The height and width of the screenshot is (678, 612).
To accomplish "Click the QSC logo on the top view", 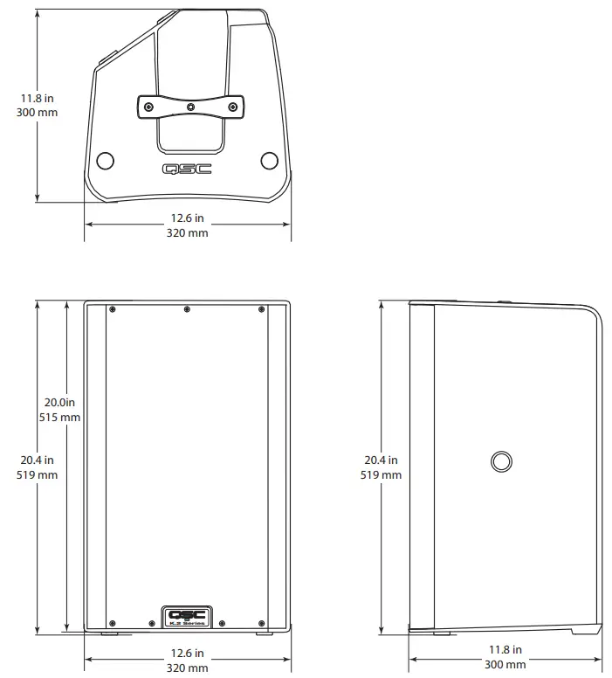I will (x=187, y=169).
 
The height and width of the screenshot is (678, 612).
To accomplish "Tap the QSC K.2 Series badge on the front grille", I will (x=186, y=617).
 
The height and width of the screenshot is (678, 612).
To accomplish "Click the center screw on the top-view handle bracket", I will (x=191, y=107).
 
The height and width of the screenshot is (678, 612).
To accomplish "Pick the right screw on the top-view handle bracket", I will (x=233, y=107).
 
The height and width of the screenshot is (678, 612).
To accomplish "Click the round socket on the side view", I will (x=501, y=461).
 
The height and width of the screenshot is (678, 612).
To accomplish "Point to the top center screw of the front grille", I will (x=187, y=309).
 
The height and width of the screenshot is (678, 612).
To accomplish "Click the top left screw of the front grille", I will (x=113, y=309).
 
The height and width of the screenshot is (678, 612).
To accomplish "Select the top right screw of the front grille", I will (x=261, y=309).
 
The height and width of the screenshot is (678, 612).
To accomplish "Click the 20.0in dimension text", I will (x=60, y=402).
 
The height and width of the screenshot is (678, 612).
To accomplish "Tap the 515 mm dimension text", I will (x=59, y=418).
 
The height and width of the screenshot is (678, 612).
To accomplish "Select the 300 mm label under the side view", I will (x=505, y=665).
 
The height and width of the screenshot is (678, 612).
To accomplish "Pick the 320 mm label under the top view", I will (x=187, y=233).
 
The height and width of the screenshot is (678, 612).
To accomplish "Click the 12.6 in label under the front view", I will (x=187, y=653).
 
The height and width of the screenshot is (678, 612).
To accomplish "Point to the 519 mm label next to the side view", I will (x=381, y=474).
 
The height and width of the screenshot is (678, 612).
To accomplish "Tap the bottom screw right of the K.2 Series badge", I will (x=222, y=624).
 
